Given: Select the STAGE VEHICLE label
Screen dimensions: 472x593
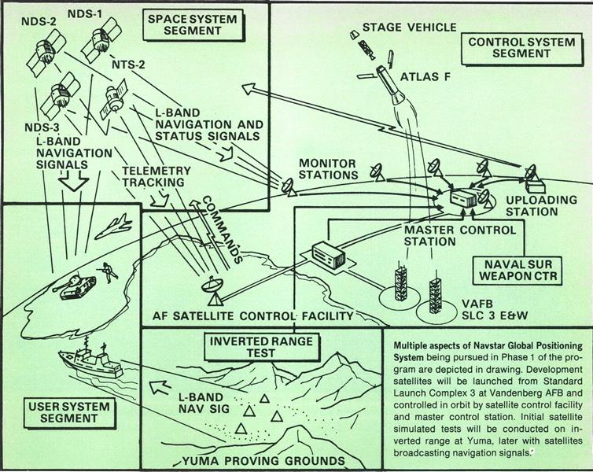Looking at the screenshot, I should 408,28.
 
